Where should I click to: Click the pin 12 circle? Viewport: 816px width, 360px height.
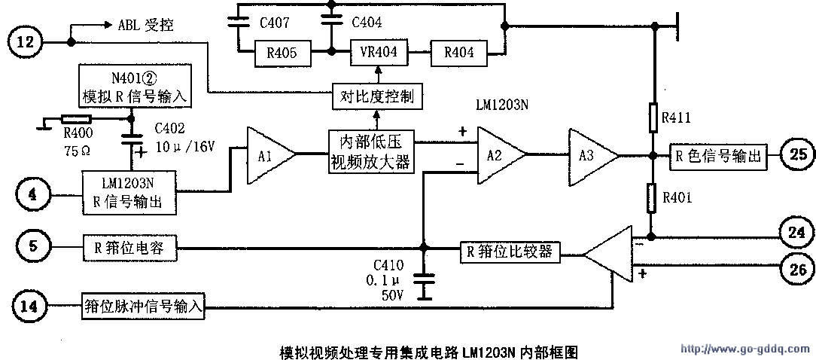pyautogui.click(x=25, y=41)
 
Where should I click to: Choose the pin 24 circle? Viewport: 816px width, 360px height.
pyautogui.click(x=796, y=233)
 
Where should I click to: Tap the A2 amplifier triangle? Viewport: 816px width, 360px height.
pyautogui.click(x=498, y=155)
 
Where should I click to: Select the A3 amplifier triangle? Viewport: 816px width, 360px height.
pyautogui.click(x=591, y=156)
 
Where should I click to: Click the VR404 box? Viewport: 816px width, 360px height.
pyautogui.click(x=379, y=53)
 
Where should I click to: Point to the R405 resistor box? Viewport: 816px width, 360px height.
pyautogui.click(x=276, y=53)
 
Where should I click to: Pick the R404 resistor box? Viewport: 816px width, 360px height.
pyautogui.click(x=458, y=53)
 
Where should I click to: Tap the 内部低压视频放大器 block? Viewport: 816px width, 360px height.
pyautogui.click(x=370, y=151)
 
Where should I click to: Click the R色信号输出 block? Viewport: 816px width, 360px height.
pyautogui.click(x=720, y=156)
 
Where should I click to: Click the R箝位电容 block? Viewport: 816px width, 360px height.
pyautogui.click(x=129, y=246)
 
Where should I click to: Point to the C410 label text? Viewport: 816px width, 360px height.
pyautogui.click(x=388, y=265)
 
